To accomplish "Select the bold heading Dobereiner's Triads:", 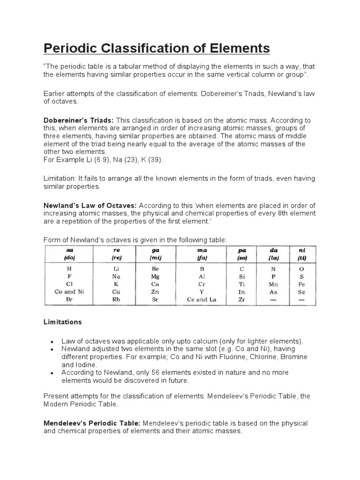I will (x=79, y=120).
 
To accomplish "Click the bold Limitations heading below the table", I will (x=63, y=322).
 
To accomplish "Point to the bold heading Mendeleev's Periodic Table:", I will (x=92, y=423).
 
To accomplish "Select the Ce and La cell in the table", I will (x=201, y=300).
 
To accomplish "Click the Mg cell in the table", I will (x=155, y=277).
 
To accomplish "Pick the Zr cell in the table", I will (x=242, y=300).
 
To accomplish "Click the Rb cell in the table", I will (x=116, y=300).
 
